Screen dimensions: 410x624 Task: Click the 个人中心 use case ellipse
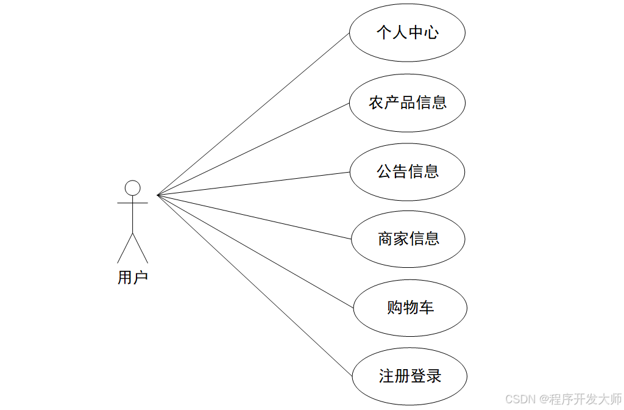pyautogui.click(x=407, y=33)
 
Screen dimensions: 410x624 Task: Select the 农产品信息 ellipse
pyautogui.click(x=407, y=103)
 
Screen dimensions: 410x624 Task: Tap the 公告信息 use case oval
pyautogui.click(x=407, y=172)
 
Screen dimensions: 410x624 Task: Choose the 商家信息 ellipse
pyautogui.click(x=408, y=239)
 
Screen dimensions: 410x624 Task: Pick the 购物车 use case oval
pyautogui.click(x=410, y=307)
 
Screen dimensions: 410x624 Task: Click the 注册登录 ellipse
pyautogui.click(x=409, y=376)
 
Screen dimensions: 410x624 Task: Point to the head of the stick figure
pyautogui.click(x=132, y=187)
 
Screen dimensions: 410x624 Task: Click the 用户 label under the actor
pyautogui.click(x=132, y=278)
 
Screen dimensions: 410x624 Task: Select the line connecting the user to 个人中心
pyautogui.click(x=253, y=113)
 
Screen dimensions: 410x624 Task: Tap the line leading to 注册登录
pyautogui.click(x=255, y=285)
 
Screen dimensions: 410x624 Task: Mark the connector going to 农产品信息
pyautogui.click(x=253, y=149)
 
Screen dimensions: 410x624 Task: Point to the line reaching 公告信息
pyautogui.click(x=253, y=184)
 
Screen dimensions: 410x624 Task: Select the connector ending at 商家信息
pyautogui.click(x=253, y=217)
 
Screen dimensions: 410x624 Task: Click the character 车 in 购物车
pyautogui.click(x=427, y=307)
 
